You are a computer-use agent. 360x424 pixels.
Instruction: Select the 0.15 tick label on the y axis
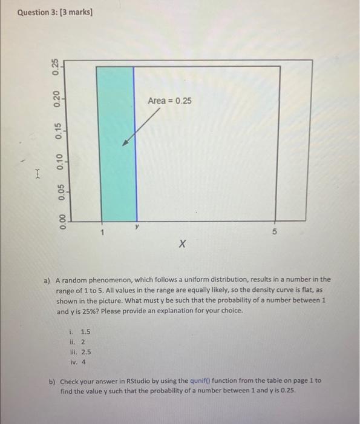click(x=56, y=129)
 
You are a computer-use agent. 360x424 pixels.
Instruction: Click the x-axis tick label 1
click(x=103, y=232)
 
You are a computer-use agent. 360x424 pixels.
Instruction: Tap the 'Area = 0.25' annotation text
click(x=169, y=101)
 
